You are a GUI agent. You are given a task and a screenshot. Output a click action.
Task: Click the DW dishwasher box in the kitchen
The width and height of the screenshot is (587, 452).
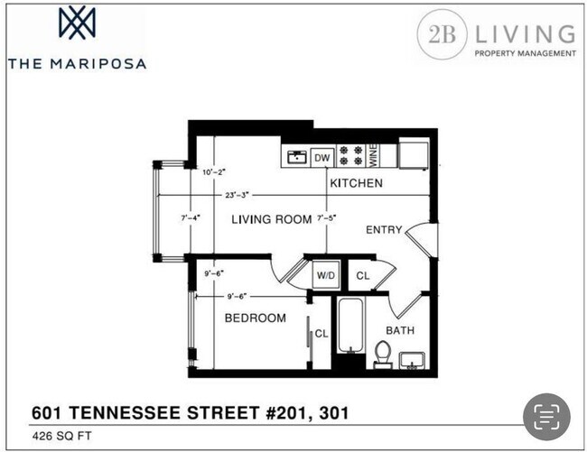321,158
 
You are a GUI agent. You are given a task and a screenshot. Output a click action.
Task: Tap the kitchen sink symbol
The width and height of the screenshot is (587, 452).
295,158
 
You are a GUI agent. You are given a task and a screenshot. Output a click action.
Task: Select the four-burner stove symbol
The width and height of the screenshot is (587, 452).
350,157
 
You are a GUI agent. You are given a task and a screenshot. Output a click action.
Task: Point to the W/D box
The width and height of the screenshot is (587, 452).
326,275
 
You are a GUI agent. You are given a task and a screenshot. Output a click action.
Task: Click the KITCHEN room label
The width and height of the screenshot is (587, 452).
356,183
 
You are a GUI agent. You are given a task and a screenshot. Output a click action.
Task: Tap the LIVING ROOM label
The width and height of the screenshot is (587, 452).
272,219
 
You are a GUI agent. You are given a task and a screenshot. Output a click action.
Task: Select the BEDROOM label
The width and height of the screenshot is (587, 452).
255,318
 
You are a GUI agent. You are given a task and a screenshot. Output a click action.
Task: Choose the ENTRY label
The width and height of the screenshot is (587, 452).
383,230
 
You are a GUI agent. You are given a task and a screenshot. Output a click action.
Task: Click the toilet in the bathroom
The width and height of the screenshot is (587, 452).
383,355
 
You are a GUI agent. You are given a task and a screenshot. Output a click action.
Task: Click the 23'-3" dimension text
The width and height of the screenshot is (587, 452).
239,195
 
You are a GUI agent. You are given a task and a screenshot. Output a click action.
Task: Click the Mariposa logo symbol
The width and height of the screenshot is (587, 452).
76,23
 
